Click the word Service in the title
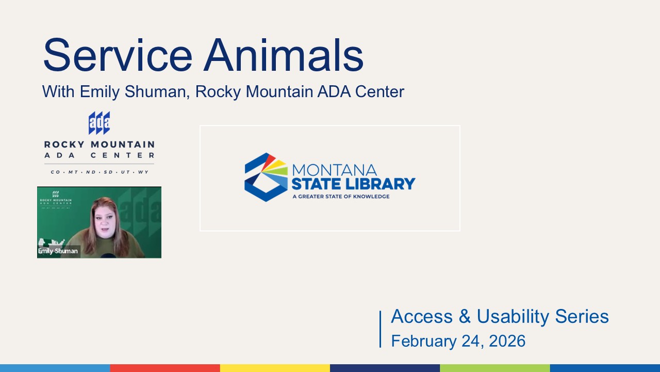(x=118, y=55)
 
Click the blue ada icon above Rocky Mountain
(x=99, y=123)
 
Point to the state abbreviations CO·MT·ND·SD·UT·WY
(x=99, y=172)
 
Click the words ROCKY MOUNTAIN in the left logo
(x=99, y=145)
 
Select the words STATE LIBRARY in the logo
(x=353, y=183)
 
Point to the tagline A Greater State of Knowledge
(x=340, y=196)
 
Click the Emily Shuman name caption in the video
(x=58, y=251)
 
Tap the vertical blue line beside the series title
(x=381, y=329)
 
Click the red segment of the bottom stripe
(x=165, y=368)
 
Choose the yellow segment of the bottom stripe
(x=275, y=368)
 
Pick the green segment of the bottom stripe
(x=495, y=368)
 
